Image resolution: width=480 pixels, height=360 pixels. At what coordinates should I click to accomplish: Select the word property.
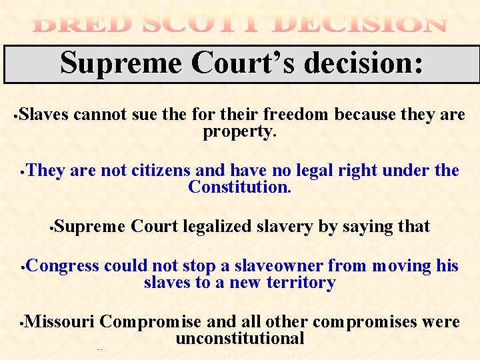[x=239, y=131]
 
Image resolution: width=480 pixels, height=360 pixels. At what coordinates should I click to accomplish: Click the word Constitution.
[x=239, y=187]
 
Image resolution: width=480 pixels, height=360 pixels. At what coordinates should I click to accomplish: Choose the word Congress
[x=63, y=266]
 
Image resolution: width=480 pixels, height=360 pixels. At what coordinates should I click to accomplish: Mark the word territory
[x=301, y=283]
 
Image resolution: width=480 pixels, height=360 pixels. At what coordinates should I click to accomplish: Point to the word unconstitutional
[x=239, y=339]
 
